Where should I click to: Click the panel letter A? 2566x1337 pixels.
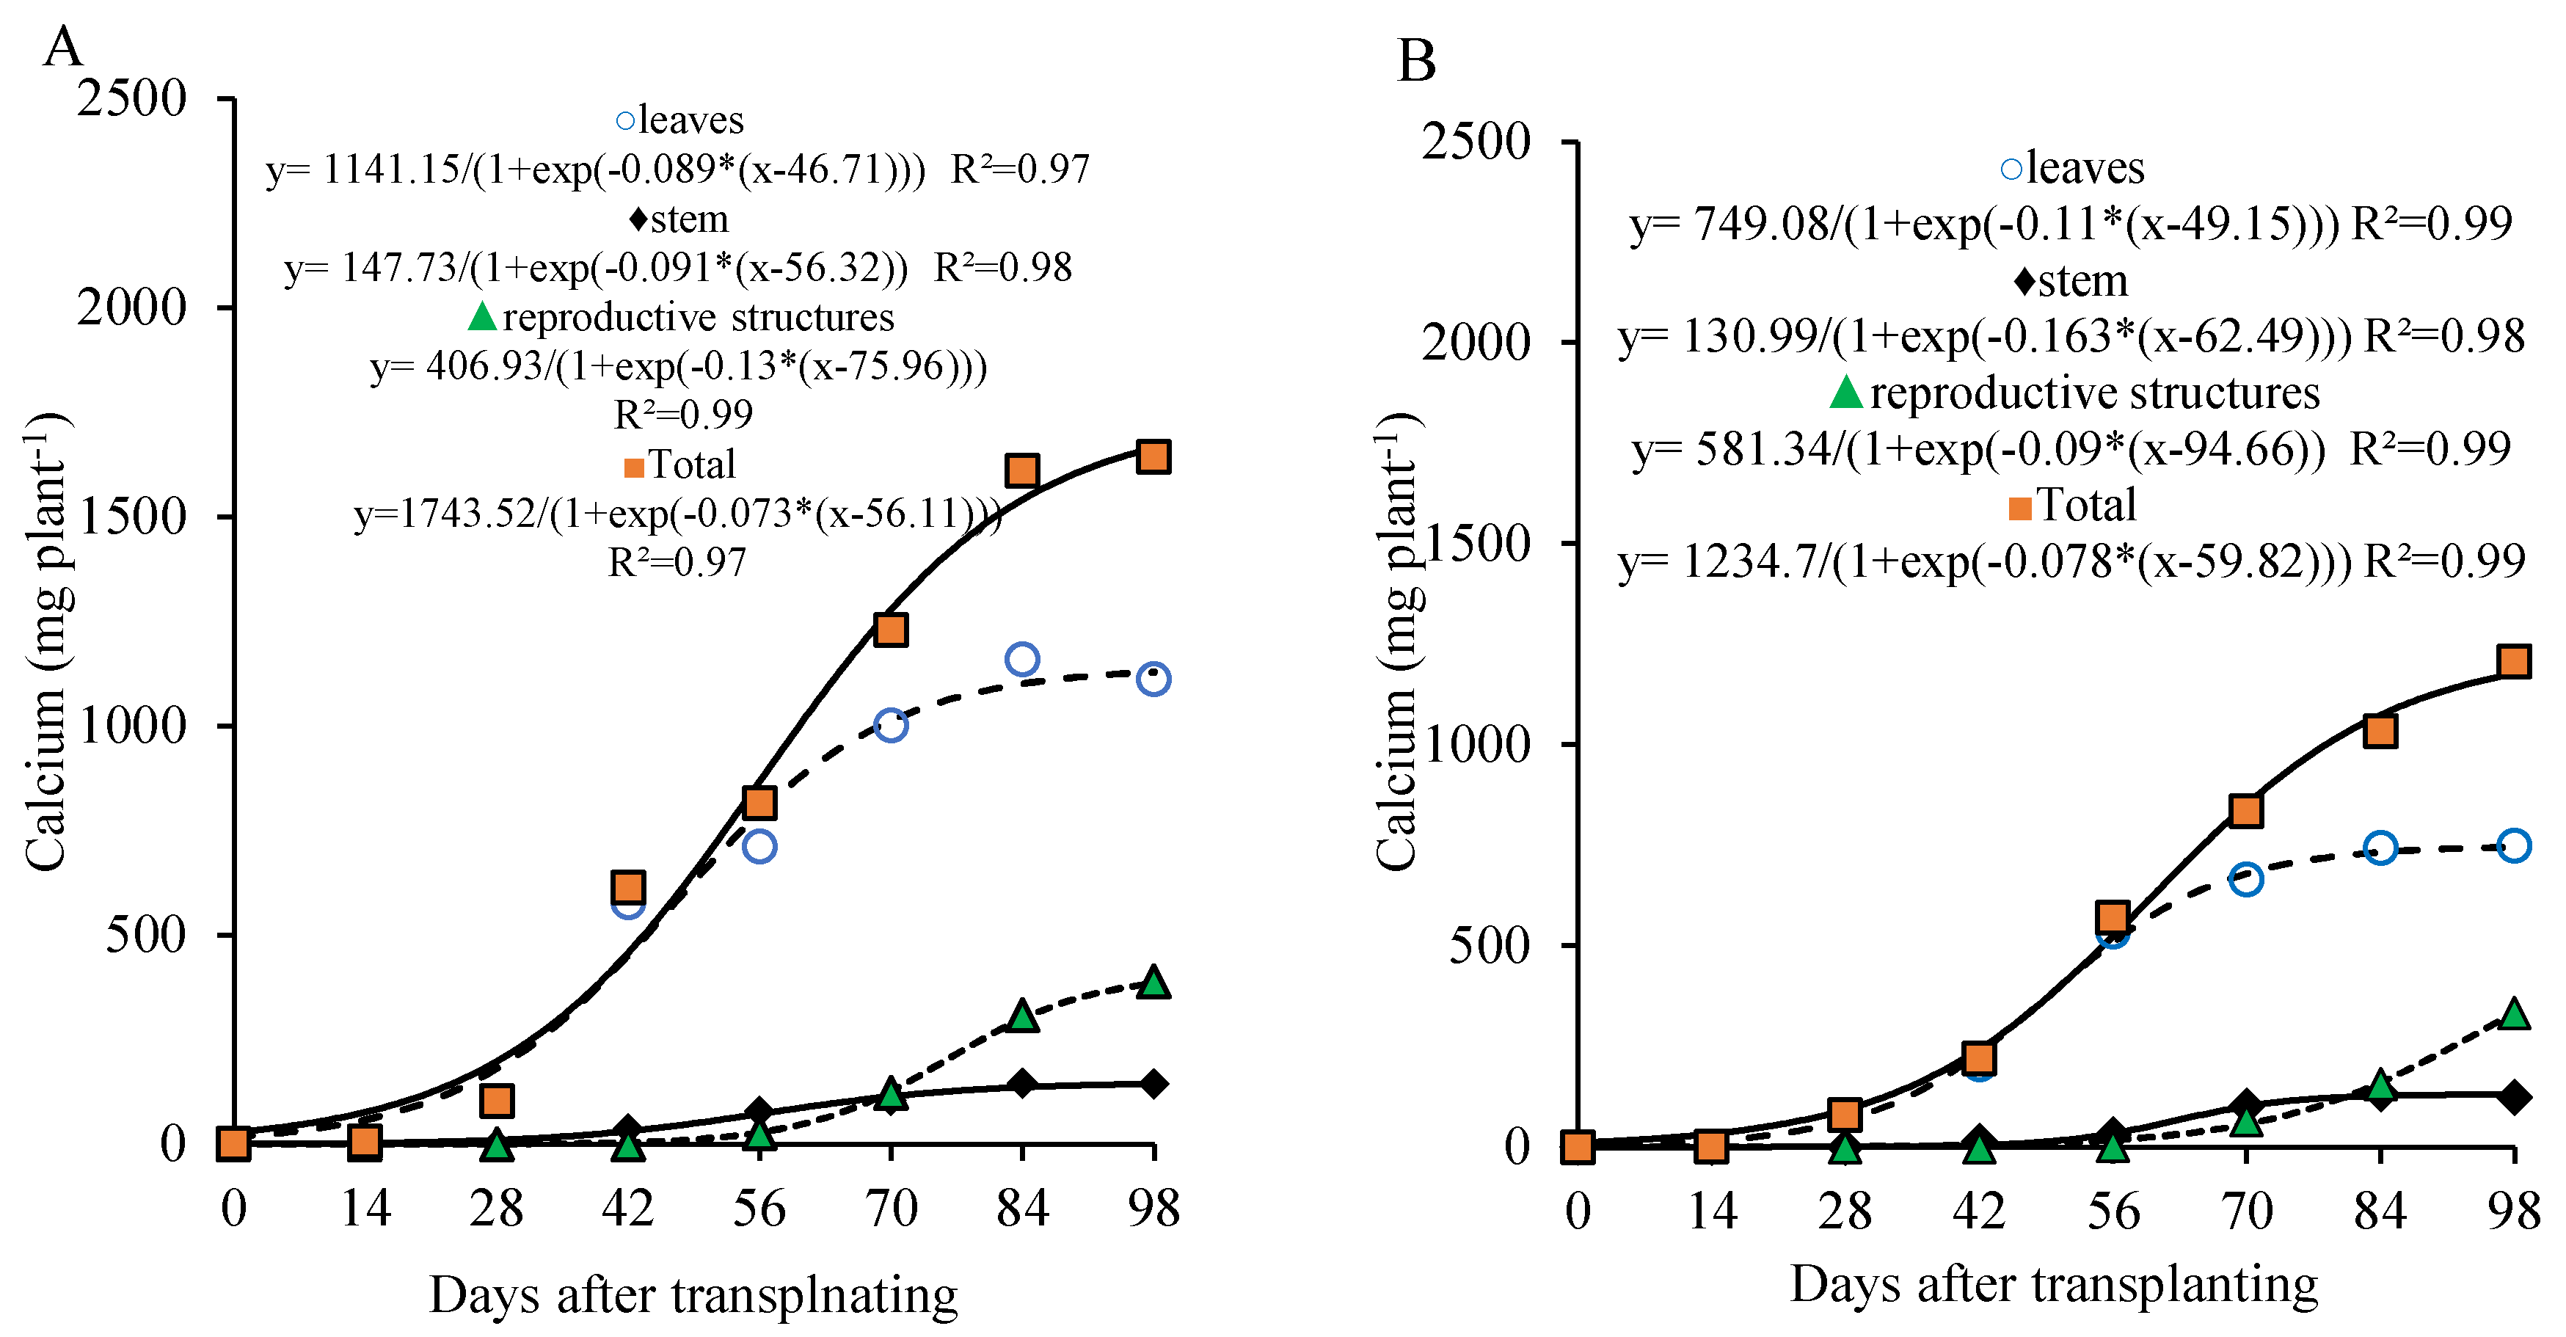click(x=63, y=47)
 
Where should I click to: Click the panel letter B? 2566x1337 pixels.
click(x=1416, y=61)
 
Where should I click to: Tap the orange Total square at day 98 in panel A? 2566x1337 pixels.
click(x=1153, y=457)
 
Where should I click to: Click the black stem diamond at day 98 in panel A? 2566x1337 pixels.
click(x=1153, y=1083)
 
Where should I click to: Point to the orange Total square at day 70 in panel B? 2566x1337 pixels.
click(x=2245, y=811)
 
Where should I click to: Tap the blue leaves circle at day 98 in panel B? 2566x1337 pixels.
click(x=2513, y=846)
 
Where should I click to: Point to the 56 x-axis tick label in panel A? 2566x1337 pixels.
click(x=759, y=1209)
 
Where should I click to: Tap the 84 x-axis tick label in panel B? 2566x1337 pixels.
click(x=2380, y=1212)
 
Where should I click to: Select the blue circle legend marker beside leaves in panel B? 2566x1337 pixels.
click(x=2011, y=170)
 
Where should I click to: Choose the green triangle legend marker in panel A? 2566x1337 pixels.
click(x=482, y=317)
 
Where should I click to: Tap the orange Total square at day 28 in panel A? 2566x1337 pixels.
click(x=496, y=1101)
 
